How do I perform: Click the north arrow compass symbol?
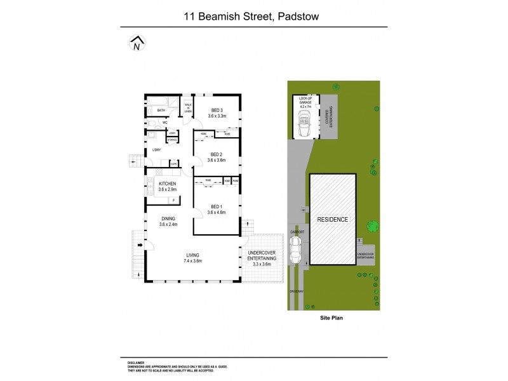pos(136,44)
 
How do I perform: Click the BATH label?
pos(161,110)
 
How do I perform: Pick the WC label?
pos(164,123)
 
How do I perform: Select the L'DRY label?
pos(156,150)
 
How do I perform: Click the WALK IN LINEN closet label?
pos(188,109)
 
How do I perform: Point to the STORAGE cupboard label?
pos(172,138)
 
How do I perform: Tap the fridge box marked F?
pos(174,200)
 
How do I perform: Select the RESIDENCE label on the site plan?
pos(333,219)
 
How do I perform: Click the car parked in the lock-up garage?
pos(304,124)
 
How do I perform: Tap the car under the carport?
pos(295,251)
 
